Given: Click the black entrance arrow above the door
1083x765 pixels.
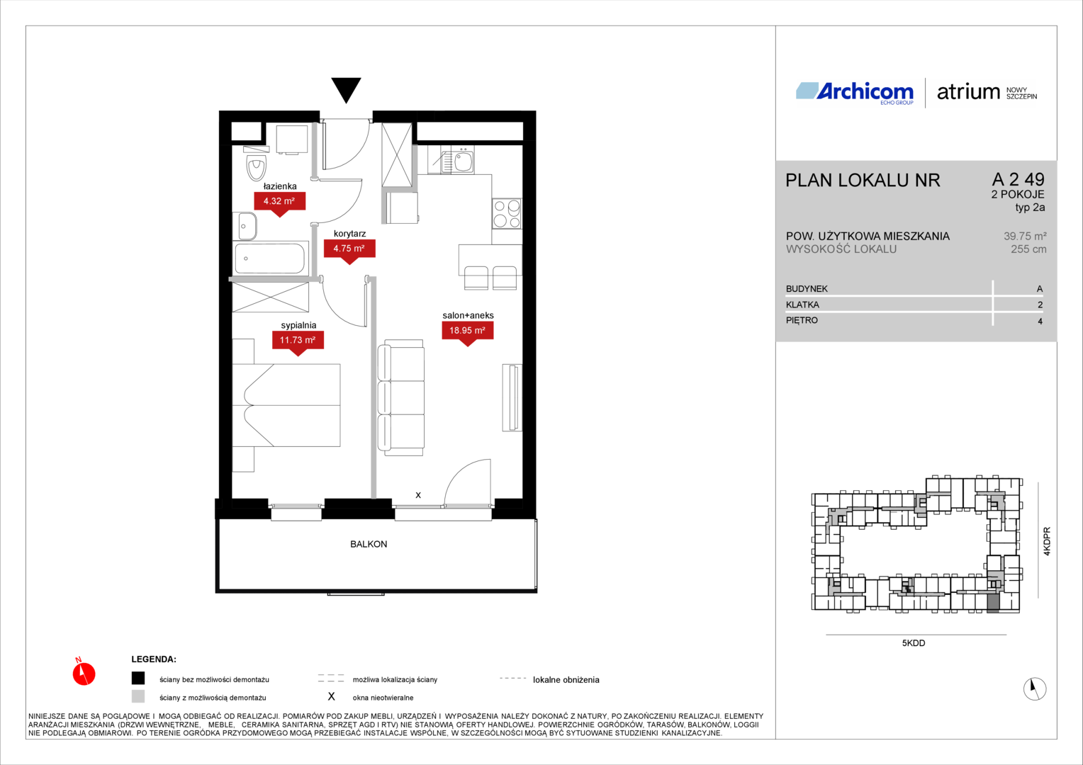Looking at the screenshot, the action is pos(346,90).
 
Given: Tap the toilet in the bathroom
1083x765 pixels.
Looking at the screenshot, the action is pos(257,164).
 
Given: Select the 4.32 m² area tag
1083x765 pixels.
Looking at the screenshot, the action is pos(279,203).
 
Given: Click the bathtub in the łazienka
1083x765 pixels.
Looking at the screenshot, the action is pos(271,258).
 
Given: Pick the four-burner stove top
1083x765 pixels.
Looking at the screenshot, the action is pos(507,213).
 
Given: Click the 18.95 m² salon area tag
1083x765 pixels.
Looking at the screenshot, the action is pos(468,332).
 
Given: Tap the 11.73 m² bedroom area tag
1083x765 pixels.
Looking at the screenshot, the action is pos(298,341).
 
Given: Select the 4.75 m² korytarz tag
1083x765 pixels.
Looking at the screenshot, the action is pos(349,250).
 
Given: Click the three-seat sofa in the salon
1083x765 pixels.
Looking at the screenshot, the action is pos(400,397).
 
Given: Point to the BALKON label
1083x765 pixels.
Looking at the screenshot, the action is pos(369,544).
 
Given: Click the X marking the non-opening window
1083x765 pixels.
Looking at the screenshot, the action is pos(418,495).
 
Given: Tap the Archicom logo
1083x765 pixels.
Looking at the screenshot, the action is pos(855,92).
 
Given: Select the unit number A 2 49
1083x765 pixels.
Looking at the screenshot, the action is pos(1019,179).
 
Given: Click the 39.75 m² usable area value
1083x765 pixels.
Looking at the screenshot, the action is pos(1025,237).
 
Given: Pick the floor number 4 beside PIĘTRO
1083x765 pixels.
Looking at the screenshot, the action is pos(1040,321).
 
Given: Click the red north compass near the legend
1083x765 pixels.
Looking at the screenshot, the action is pos(84,673).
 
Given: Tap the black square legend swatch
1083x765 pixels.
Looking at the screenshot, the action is pos(138,678).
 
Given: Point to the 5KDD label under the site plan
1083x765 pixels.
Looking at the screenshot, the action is pos(914,643).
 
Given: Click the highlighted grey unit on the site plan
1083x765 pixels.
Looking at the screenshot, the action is pos(992,604).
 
